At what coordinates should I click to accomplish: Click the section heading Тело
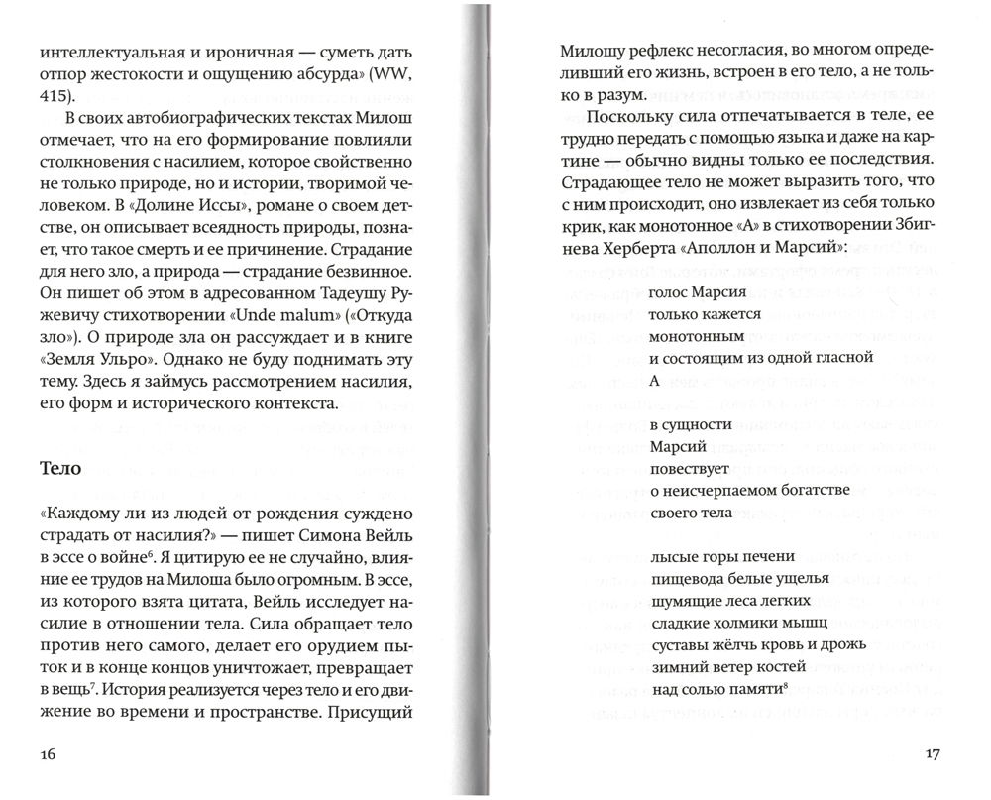click(x=59, y=469)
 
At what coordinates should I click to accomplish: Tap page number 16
click(x=51, y=754)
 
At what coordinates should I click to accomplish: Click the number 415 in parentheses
click(x=55, y=97)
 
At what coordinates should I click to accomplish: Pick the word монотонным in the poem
click(x=694, y=336)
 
